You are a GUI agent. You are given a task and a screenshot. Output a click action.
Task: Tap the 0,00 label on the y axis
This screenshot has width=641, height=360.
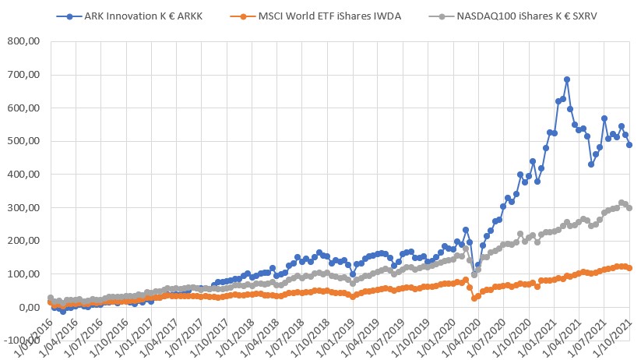pyautogui.click(x=29, y=308)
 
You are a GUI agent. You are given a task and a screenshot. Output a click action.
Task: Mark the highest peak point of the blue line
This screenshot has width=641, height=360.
pyautogui.click(x=567, y=79)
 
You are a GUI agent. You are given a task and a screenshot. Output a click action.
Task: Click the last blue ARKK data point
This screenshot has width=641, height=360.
pyautogui.click(x=629, y=145)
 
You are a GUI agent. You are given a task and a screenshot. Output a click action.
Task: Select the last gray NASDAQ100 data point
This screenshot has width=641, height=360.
pyautogui.click(x=629, y=207)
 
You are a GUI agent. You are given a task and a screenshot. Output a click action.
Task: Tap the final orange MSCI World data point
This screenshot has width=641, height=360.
pyautogui.click(x=629, y=268)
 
